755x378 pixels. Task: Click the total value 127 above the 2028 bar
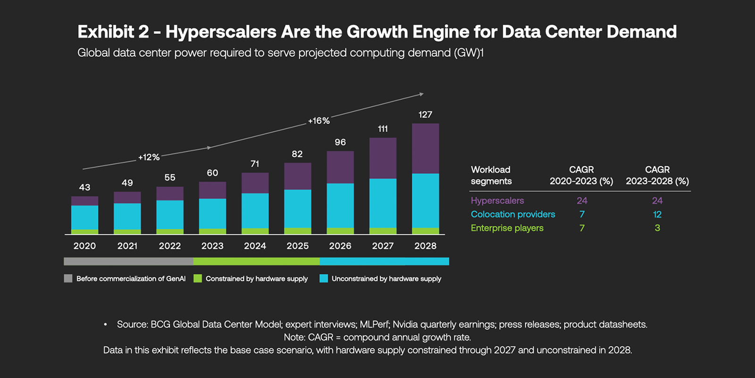click(x=425, y=114)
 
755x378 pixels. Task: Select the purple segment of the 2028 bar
click(x=425, y=148)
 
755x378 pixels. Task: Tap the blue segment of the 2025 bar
click(x=297, y=208)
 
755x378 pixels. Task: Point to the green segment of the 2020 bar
click(x=84, y=232)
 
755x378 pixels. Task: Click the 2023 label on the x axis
click(x=212, y=246)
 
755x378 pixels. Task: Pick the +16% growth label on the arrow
click(x=319, y=121)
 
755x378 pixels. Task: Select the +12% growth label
click(x=149, y=157)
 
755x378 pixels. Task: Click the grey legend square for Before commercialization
click(x=68, y=278)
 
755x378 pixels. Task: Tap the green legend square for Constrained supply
click(x=198, y=278)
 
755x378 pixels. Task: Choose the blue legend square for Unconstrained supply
click(x=324, y=278)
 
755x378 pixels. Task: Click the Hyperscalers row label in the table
click(x=497, y=200)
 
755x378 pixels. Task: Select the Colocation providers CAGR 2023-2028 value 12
click(x=657, y=214)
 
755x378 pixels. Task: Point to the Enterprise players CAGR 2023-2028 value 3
click(x=657, y=228)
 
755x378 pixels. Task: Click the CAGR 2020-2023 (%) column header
click(x=581, y=175)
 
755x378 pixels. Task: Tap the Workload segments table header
click(x=491, y=175)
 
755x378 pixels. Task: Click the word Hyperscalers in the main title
click(x=221, y=32)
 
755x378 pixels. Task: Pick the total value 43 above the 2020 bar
click(x=84, y=187)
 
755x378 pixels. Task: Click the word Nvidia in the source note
click(x=405, y=324)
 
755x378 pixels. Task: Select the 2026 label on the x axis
click(x=340, y=246)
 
